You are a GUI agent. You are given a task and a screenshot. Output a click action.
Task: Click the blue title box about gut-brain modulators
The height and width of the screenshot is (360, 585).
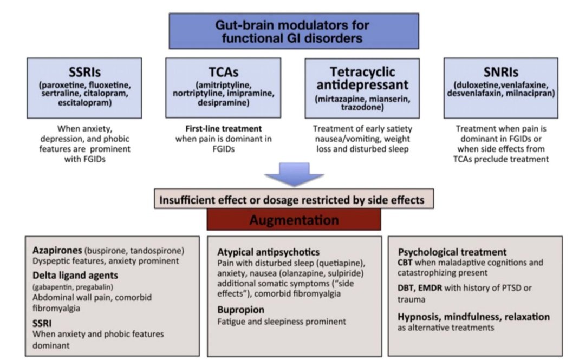(x=294, y=31)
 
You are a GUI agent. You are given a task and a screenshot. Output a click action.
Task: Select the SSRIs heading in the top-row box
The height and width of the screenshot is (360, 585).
(x=84, y=72)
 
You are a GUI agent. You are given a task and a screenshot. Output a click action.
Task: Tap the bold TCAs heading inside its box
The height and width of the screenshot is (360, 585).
(x=224, y=72)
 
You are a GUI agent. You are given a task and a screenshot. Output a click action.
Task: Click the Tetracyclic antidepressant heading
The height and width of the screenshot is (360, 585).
(x=362, y=78)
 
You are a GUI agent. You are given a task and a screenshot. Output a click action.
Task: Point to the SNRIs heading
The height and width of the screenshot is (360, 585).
(x=500, y=72)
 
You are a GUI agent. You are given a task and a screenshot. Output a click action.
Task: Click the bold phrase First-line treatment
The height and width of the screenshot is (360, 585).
(x=224, y=129)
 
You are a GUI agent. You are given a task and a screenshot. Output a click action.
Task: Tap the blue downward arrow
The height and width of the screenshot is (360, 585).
(x=294, y=174)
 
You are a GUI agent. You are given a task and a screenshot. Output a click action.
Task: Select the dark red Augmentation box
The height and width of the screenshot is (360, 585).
(x=294, y=220)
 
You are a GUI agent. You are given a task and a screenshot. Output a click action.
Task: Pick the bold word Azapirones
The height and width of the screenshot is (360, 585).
(x=57, y=250)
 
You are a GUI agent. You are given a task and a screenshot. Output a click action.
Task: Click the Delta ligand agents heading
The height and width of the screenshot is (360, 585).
(x=75, y=276)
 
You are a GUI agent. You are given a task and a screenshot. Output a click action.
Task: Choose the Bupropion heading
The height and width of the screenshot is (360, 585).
(x=240, y=310)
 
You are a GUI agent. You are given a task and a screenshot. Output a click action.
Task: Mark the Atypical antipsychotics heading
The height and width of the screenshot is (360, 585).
(x=268, y=252)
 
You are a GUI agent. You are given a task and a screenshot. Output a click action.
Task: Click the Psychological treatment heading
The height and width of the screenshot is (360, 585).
(x=452, y=252)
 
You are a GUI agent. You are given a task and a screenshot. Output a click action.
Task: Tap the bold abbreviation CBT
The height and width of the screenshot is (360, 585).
(x=405, y=263)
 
